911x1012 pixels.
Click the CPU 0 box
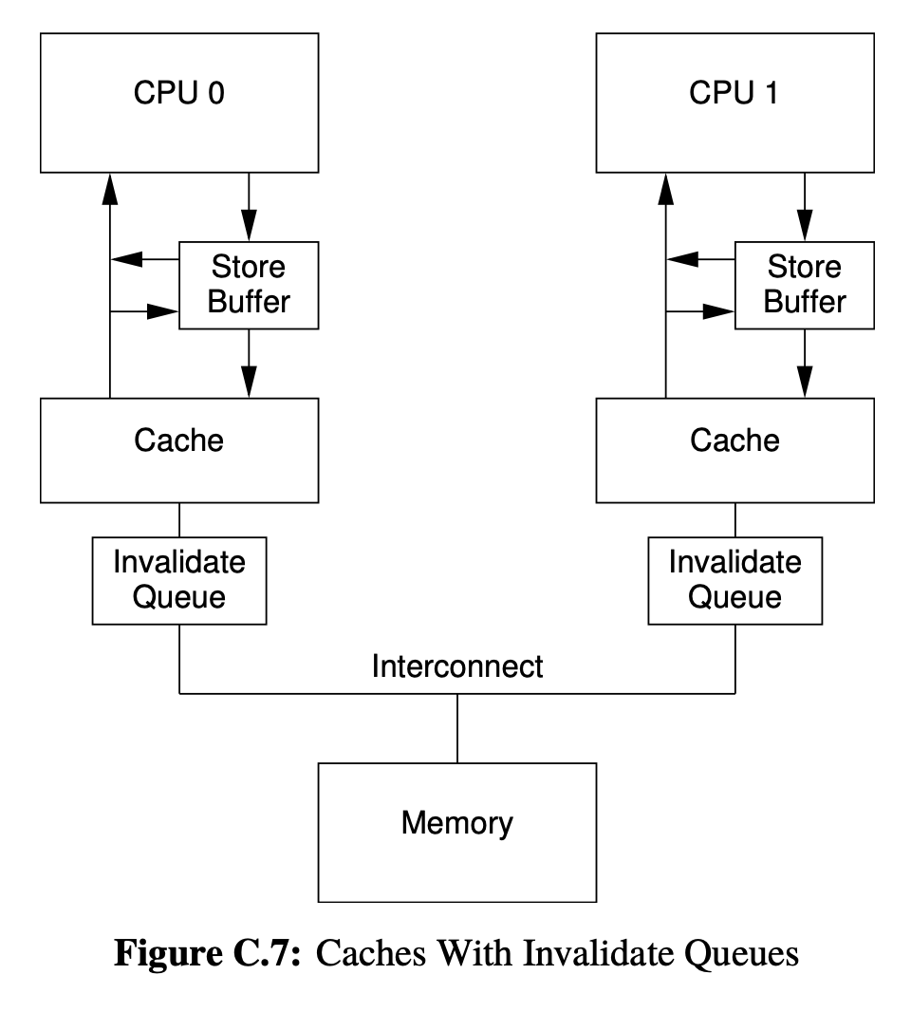tap(178, 103)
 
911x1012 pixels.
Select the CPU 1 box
tap(734, 103)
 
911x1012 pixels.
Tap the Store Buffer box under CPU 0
tap(249, 285)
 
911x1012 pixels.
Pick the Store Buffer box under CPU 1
tap(804, 285)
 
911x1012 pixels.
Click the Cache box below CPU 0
tap(178, 450)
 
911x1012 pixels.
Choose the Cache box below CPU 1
tap(734, 450)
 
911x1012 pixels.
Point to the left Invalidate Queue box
tap(178, 580)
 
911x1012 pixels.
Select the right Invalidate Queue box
tap(734, 580)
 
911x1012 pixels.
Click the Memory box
tap(456, 832)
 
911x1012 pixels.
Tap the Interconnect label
tap(456, 666)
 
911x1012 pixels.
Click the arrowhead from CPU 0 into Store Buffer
tap(249, 225)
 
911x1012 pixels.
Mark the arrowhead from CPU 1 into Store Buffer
tap(804, 225)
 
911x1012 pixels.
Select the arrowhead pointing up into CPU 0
tap(110, 190)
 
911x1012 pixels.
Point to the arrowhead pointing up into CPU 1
tap(665, 190)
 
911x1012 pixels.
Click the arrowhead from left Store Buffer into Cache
tap(249, 382)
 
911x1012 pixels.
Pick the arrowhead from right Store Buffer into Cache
tap(804, 382)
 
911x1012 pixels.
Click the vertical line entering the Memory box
tap(456, 728)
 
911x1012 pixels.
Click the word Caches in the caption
tap(366, 953)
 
